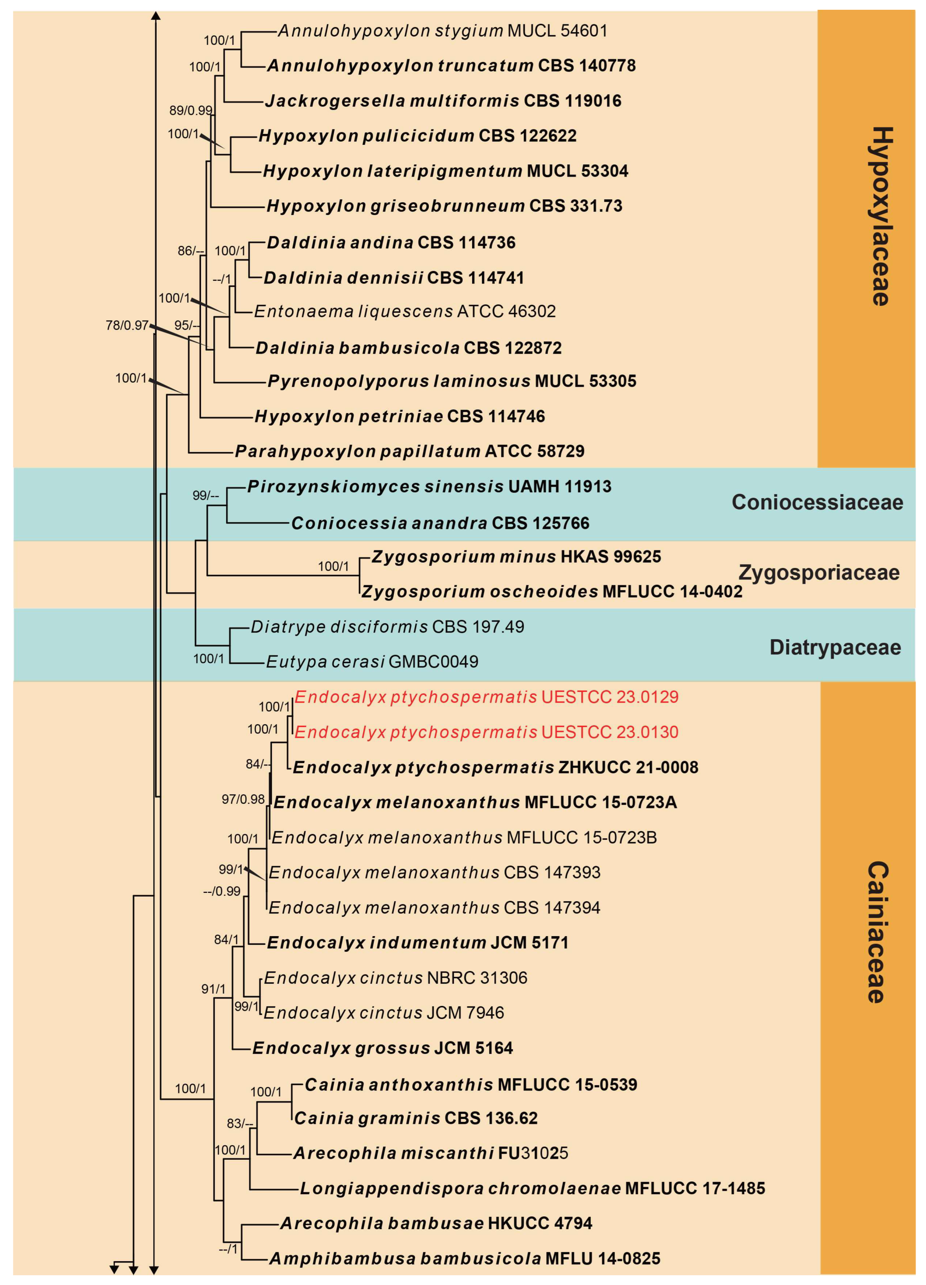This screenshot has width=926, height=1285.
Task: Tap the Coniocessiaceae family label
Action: [817, 502]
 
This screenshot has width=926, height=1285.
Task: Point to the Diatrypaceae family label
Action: [835, 647]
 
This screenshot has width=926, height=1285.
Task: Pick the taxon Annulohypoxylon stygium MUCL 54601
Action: [442, 31]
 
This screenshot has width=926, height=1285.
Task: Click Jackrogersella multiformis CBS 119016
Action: [443, 101]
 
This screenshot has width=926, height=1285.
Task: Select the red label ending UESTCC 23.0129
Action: [486, 697]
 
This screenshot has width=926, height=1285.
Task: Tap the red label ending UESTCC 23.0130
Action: [486, 732]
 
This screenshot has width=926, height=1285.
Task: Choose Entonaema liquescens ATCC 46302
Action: [405, 311]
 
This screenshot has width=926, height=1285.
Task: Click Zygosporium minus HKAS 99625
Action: [516, 556]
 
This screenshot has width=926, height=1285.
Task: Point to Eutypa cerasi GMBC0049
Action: [372, 661]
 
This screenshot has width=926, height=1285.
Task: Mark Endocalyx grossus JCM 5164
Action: [382, 1048]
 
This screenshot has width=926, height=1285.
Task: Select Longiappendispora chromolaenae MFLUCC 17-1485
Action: [532, 1188]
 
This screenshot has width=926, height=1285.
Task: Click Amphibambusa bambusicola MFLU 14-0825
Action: [465, 1258]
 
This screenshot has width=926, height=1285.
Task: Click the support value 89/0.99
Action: [191, 110]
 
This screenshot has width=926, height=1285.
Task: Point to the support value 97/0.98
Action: [243, 799]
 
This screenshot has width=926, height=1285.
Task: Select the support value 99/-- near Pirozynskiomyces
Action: [205, 495]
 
